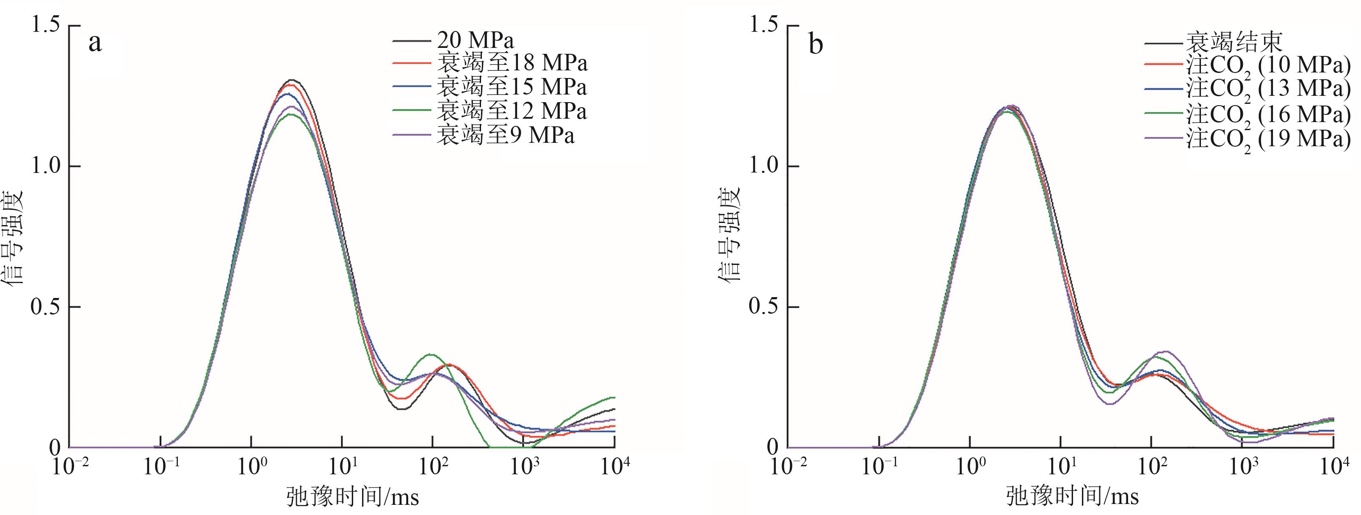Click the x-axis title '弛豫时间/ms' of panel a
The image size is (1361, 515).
352,497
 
